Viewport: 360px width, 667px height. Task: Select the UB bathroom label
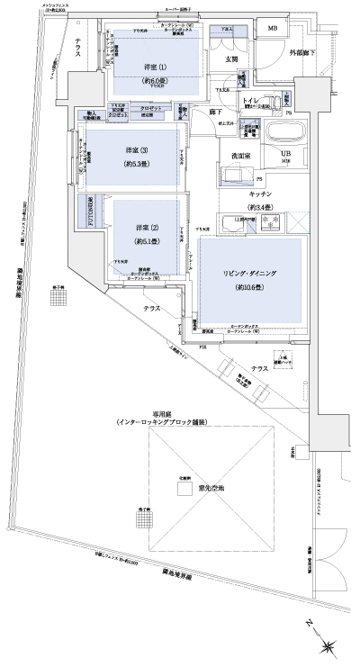287,154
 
